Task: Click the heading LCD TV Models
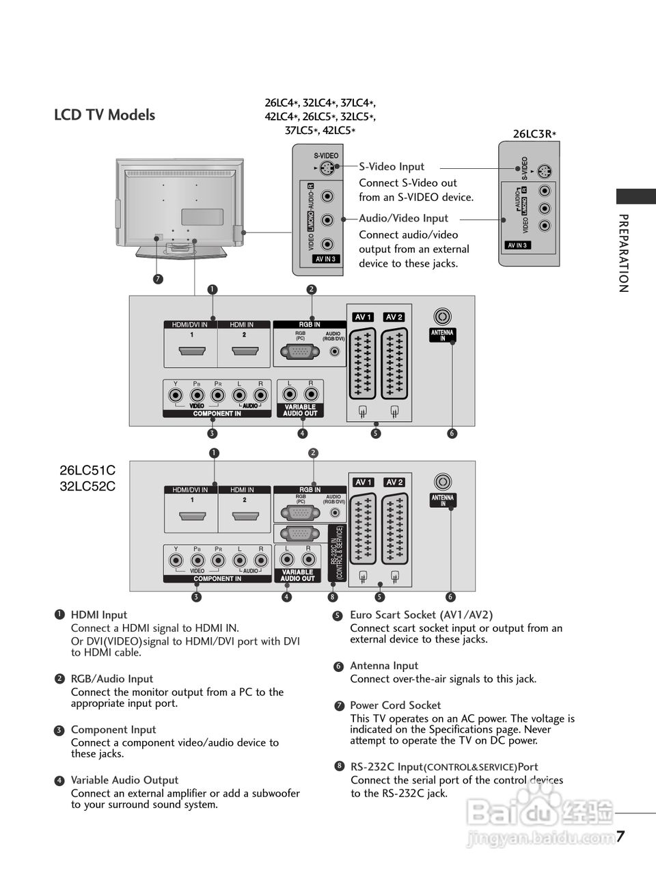[x=105, y=115]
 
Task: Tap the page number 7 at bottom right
[x=620, y=837]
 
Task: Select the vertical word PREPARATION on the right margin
[x=623, y=253]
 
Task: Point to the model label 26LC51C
[x=87, y=470]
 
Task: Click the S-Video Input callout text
[x=392, y=166]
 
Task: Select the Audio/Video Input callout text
[x=403, y=218]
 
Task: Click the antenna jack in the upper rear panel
[x=443, y=317]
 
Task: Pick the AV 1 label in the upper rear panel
[x=363, y=317]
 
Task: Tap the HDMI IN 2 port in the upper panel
[x=244, y=351]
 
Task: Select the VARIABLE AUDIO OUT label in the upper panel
[x=300, y=410]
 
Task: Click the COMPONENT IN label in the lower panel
[x=217, y=578]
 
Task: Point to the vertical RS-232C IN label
[x=336, y=554]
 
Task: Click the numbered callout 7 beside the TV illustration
[x=158, y=279]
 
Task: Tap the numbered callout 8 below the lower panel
[x=332, y=597]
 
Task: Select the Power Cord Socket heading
[x=395, y=705]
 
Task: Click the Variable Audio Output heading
[x=124, y=780]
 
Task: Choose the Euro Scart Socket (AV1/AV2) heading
[x=421, y=615]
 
